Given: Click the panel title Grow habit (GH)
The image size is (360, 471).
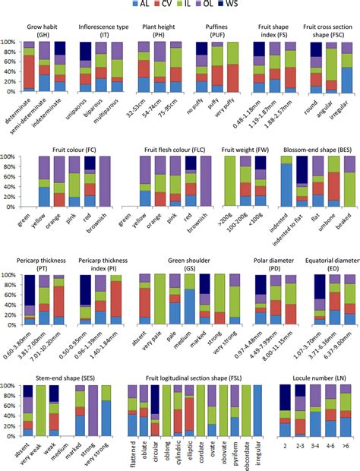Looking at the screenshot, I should point(45,26).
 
